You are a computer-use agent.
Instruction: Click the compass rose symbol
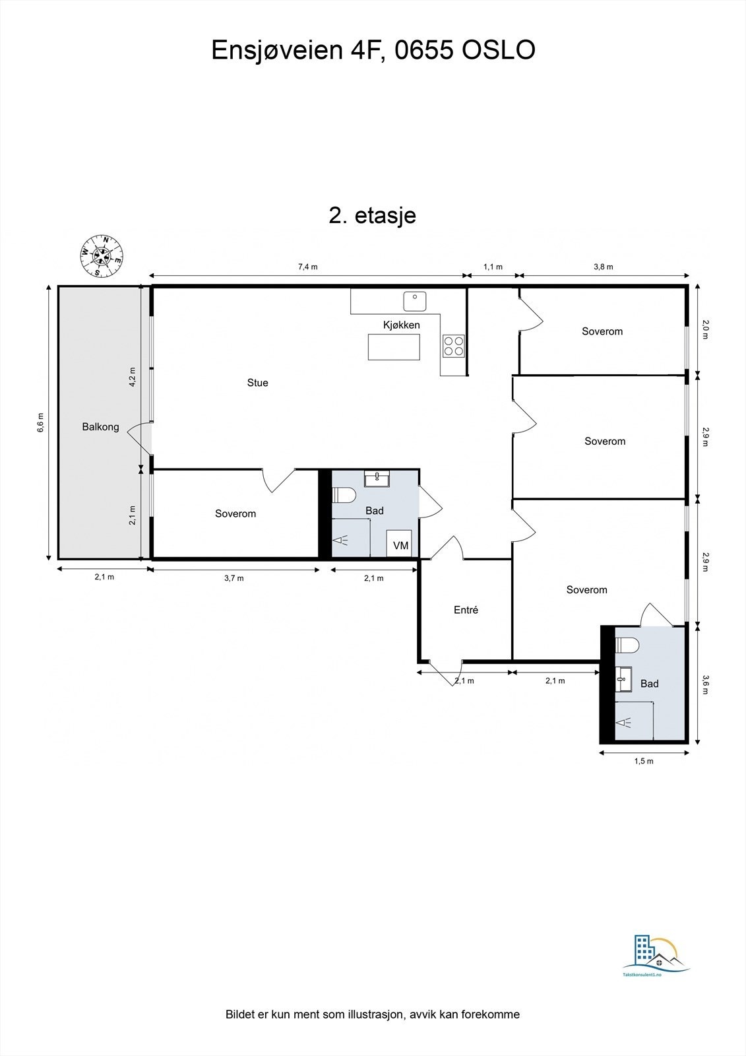[101, 255]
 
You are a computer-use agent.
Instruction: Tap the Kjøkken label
[401, 325]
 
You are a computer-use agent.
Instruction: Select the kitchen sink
[415, 301]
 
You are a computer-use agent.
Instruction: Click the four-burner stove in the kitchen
[454, 346]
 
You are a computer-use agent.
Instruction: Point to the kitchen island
[394, 347]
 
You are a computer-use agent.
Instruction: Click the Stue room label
[257, 383]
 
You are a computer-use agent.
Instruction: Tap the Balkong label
[100, 427]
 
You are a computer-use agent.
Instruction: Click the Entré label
[466, 610]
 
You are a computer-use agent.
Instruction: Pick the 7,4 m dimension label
[307, 267]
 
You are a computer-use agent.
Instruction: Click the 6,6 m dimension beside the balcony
[41, 422]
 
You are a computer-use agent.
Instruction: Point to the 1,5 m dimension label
[643, 761]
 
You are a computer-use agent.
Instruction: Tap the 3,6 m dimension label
[705, 684]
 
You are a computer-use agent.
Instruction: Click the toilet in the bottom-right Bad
[627, 644]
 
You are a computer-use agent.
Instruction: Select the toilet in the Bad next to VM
[345, 494]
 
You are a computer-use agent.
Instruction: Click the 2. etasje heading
[373, 215]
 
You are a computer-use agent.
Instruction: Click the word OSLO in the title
[498, 50]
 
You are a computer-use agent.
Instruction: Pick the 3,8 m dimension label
[603, 267]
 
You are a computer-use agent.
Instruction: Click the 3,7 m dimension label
[233, 578]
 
